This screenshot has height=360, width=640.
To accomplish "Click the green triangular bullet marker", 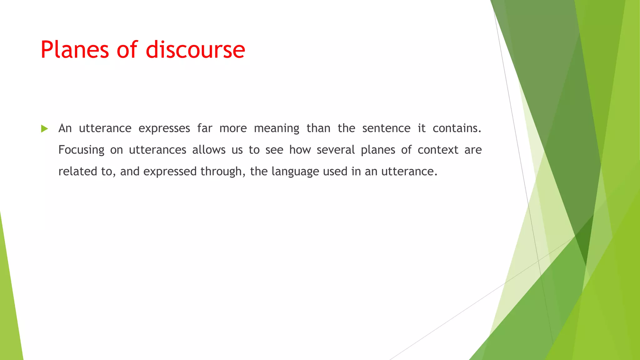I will coord(44,128).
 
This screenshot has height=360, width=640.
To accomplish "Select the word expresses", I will coord(164,128).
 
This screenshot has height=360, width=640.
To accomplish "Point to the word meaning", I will coord(277,128).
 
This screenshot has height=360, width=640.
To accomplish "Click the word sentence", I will coord(386,128).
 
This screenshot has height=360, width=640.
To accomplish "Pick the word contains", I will coord(457,128).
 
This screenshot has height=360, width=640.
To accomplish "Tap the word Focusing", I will coord(81,150).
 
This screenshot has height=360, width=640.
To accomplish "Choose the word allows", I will coord(209,150).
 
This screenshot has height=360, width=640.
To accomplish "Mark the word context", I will coord(438,150).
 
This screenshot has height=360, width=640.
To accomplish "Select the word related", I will coord(78,171).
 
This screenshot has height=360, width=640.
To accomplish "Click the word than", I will coord(318,128).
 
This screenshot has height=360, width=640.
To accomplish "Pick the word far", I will coord(205,128).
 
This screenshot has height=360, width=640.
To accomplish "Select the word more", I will coord(233,128).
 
